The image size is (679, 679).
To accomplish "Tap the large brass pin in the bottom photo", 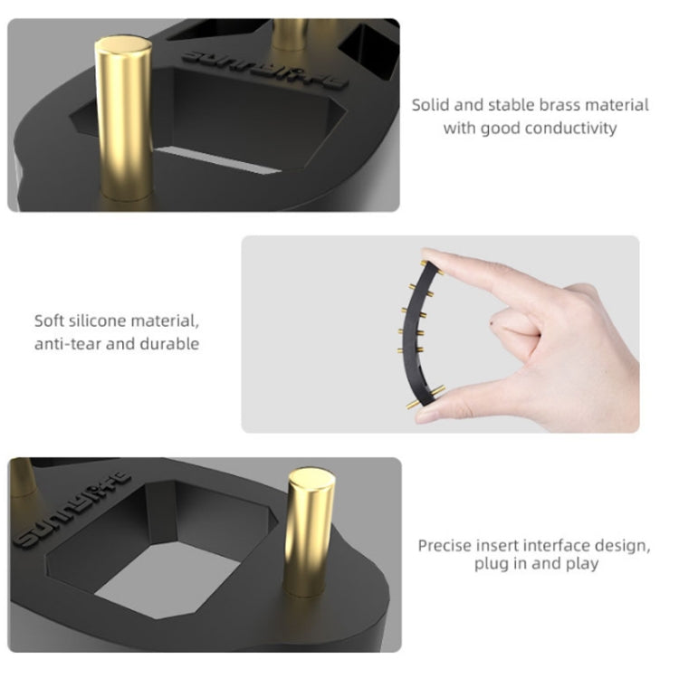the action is tap(310, 533).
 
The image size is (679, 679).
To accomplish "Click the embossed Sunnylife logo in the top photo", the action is tap(265, 70).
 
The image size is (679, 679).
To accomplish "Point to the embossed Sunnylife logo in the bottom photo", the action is tap(72, 509).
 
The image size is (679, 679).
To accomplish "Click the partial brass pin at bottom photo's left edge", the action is tap(23, 477).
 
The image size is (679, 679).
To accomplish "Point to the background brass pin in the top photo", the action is tap(290, 34).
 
